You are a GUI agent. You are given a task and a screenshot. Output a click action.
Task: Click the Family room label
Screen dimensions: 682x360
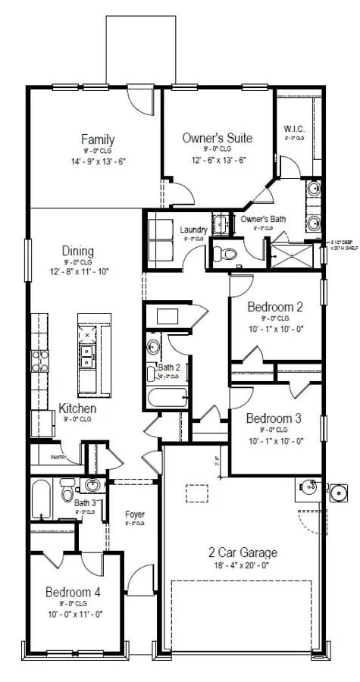point(98,139)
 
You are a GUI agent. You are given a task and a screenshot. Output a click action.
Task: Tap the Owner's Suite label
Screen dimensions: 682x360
point(218,138)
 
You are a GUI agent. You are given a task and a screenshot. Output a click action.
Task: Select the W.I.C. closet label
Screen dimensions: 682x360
point(294,128)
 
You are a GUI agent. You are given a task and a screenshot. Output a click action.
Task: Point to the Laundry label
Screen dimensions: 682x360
point(194,230)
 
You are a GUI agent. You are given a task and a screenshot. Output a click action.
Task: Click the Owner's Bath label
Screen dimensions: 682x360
point(263,219)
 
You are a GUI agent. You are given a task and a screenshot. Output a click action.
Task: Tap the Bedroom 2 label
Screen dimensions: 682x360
point(275,307)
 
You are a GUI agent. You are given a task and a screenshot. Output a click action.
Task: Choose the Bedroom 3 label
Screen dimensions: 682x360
point(274,418)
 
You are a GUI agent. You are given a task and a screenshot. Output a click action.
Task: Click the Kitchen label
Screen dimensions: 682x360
point(77,408)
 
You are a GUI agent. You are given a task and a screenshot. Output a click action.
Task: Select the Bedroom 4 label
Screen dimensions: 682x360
point(73,592)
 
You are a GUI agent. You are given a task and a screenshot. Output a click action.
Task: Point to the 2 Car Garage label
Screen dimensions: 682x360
point(243,552)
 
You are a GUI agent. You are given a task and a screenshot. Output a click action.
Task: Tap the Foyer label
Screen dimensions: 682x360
point(135,515)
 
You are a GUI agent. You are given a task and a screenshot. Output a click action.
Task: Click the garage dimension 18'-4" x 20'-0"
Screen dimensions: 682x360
point(243,565)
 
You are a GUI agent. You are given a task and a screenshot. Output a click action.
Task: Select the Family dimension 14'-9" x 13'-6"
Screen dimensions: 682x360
point(98,161)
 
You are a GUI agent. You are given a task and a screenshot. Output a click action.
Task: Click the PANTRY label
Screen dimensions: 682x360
point(56,458)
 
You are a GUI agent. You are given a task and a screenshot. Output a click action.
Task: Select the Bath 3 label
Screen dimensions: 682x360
point(85,502)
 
